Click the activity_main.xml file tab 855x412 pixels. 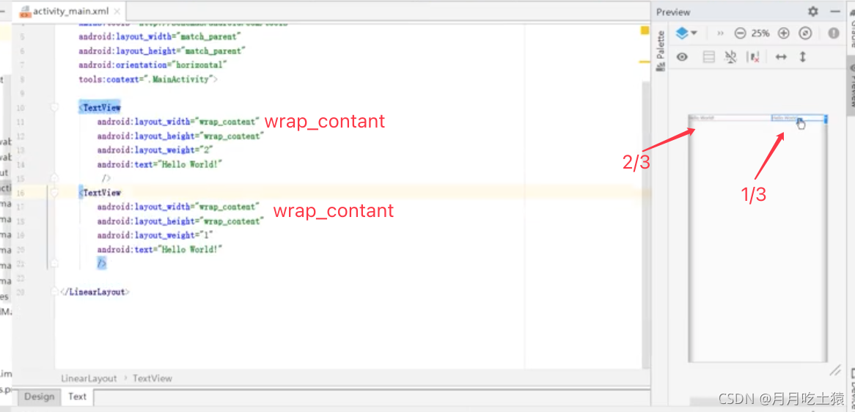click(x=70, y=12)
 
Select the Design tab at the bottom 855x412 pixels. click(x=39, y=397)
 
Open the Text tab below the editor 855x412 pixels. click(x=77, y=397)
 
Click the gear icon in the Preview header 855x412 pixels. click(x=812, y=12)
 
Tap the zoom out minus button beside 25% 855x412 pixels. click(x=740, y=33)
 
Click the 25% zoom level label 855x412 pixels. click(x=760, y=33)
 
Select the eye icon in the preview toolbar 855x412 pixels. click(x=682, y=56)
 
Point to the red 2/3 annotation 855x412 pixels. click(x=636, y=162)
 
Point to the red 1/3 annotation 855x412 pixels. click(x=754, y=194)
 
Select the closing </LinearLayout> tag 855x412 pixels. click(x=95, y=292)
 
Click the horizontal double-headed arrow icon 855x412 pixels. click(x=781, y=56)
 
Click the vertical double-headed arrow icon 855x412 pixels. click(x=803, y=56)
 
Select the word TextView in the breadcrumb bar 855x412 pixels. click(x=153, y=378)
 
